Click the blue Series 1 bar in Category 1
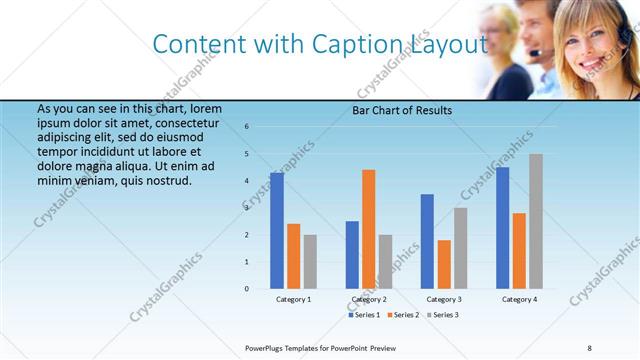click(277, 231)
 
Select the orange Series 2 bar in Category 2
click(368, 229)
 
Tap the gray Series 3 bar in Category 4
click(536, 221)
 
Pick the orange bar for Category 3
click(444, 264)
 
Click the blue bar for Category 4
click(502, 228)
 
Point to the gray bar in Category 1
click(310, 262)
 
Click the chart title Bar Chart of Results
click(402, 111)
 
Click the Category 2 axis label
click(369, 299)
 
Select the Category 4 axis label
click(519, 299)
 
